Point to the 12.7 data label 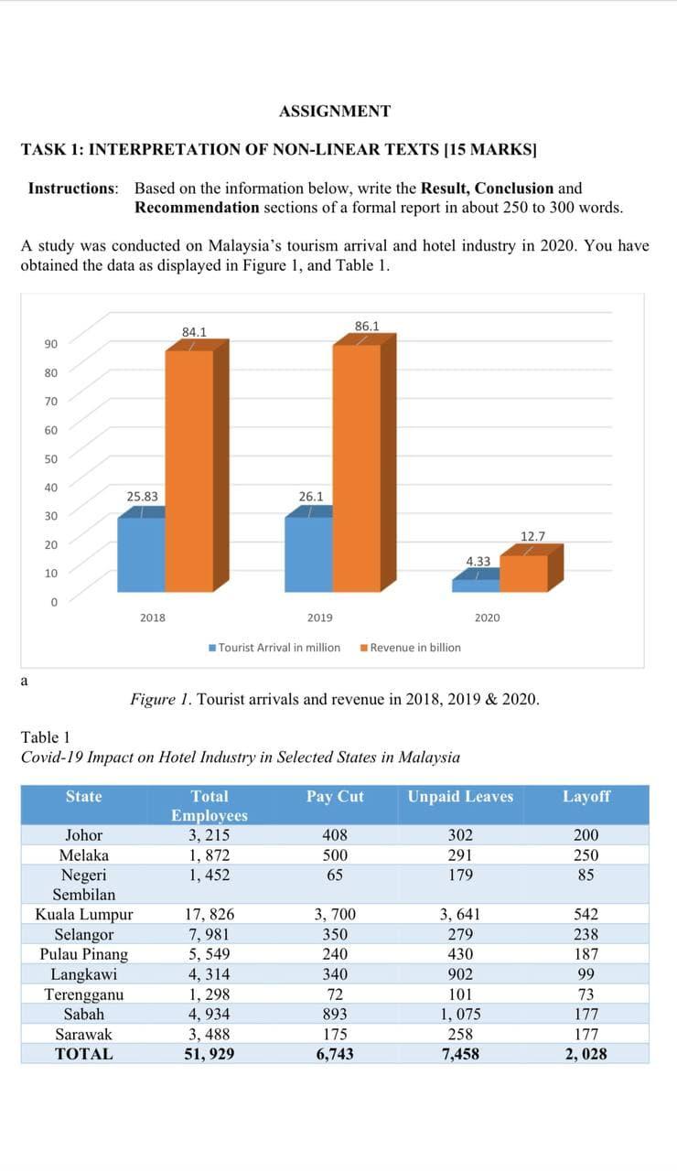[x=532, y=535]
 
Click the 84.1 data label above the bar [x=194, y=331]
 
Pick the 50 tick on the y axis [x=51, y=458]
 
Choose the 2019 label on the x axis [x=319, y=618]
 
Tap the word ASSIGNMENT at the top [x=335, y=112]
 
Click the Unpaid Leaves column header [x=460, y=797]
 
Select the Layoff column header [x=586, y=797]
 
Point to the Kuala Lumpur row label [x=84, y=914]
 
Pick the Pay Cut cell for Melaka [x=335, y=855]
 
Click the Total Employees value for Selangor [x=209, y=934]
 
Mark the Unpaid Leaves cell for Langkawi [x=460, y=974]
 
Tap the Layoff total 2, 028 [x=586, y=1054]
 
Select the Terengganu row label [x=84, y=994]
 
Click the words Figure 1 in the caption [x=160, y=700]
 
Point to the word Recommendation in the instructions [x=197, y=207]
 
